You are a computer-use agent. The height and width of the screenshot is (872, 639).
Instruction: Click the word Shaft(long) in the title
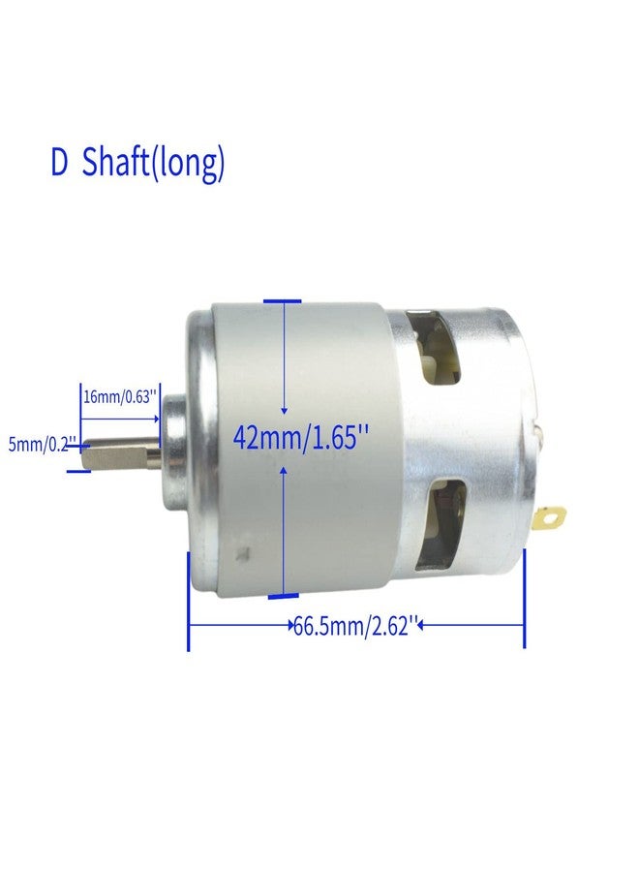[x=153, y=164]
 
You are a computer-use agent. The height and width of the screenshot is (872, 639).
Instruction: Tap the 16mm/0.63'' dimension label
[x=119, y=396]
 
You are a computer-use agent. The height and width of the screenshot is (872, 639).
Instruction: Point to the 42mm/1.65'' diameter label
[x=302, y=438]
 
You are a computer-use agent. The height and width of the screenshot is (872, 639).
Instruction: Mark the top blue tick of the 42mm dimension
[x=283, y=302]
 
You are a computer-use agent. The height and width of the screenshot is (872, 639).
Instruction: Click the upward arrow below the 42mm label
[x=283, y=469]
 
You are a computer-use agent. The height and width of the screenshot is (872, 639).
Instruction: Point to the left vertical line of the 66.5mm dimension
[x=187, y=601]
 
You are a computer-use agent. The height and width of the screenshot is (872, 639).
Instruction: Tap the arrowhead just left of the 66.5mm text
[x=292, y=627]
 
